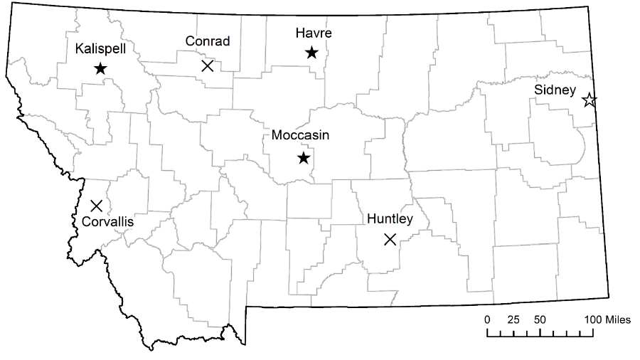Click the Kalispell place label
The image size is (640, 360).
99,49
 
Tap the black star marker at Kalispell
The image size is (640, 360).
100,68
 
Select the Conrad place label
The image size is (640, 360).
208,41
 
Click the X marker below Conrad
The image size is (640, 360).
208,66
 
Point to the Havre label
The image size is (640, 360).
314,33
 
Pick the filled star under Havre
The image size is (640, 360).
311,52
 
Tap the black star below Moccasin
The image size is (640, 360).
304,157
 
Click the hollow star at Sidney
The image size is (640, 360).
589,100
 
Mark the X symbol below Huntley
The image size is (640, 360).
390,239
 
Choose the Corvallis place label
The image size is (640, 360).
108,221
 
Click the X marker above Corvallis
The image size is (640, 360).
97,206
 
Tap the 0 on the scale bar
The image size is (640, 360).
487,319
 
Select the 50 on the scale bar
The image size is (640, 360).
540,319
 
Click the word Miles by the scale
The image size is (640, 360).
617,319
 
